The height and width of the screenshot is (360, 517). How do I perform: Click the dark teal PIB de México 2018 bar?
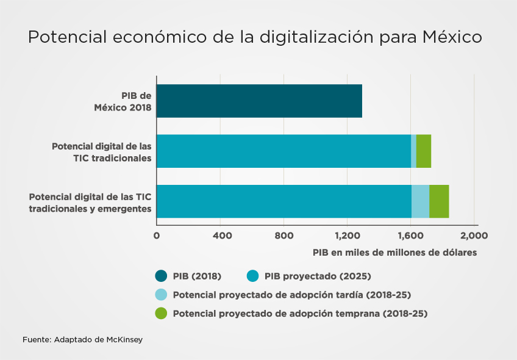259,101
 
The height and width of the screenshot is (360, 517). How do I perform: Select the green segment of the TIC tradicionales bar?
424,151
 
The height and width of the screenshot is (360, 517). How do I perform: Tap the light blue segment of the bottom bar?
420,201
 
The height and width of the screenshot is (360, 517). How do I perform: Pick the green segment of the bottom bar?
439,201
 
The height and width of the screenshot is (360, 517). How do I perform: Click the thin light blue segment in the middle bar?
413,151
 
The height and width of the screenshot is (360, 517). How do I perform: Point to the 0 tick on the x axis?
157,236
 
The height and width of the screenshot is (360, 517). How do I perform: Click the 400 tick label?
221,236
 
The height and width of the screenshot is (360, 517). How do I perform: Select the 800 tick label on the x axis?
284,236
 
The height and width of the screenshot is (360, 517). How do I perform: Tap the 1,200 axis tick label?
348,236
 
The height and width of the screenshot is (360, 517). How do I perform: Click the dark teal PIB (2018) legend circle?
161,276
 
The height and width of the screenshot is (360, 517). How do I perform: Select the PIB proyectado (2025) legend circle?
252,276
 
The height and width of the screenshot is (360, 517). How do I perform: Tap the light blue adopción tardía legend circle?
161,295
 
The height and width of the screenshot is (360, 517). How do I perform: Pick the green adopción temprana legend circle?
161,314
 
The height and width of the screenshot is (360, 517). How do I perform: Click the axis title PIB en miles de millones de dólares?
394,252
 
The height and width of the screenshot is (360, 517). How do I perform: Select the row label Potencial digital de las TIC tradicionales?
101,152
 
